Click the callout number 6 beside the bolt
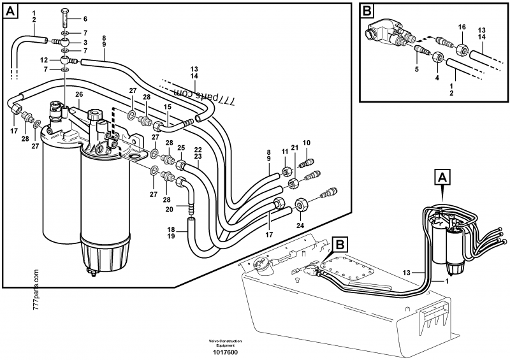[85, 19]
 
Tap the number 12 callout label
[45, 60]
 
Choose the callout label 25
[180, 147]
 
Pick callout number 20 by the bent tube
[170, 209]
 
